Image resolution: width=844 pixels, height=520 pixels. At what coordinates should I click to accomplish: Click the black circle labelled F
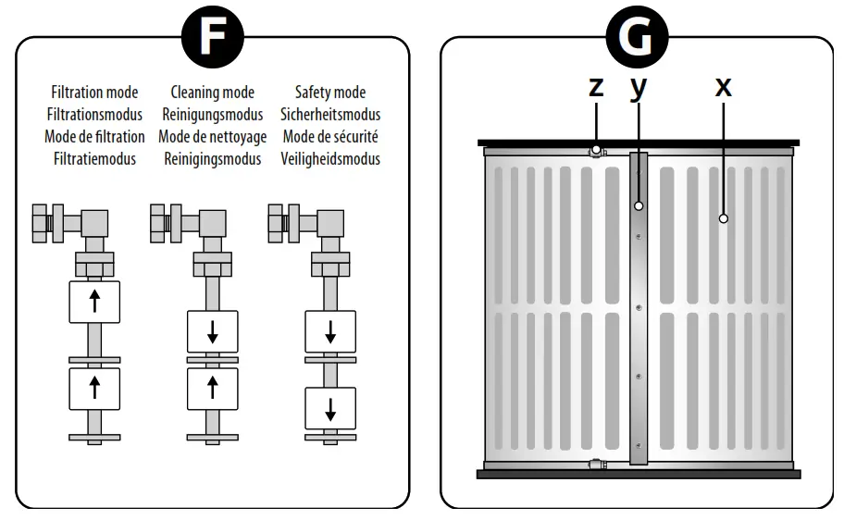tap(213, 37)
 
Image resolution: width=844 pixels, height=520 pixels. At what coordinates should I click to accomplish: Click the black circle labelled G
tap(637, 37)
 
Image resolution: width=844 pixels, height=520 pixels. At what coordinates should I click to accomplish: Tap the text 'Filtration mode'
tap(94, 92)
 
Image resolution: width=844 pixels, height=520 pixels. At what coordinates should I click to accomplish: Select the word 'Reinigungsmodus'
tap(213, 114)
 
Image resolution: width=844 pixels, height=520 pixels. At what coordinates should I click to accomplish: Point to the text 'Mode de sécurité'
tap(330, 137)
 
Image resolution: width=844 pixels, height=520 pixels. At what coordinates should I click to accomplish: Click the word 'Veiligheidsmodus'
tap(330, 159)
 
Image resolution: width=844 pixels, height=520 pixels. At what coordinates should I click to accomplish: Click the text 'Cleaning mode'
tap(213, 92)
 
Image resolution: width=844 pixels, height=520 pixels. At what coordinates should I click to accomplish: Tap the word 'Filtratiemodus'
tap(94, 159)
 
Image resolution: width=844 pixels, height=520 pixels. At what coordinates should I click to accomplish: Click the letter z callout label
tap(596, 87)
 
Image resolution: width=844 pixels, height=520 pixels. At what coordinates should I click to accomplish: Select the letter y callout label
tap(639, 88)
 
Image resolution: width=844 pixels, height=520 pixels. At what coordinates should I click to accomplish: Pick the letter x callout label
tap(724, 87)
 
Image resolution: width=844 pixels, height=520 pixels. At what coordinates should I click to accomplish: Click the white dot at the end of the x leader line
tap(724, 218)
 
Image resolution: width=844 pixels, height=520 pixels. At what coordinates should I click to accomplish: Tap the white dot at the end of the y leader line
tap(639, 206)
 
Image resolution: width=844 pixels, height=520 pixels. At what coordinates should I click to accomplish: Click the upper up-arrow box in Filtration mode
tap(94, 302)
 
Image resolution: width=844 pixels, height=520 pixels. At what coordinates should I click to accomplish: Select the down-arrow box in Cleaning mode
tap(213, 331)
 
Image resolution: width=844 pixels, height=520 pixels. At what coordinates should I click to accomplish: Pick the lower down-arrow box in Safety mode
tap(330, 409)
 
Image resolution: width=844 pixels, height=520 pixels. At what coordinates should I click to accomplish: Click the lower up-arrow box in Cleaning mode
tap(213, 389)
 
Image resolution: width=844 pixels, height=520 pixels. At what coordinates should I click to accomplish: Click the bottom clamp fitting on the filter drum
tap(596, 464)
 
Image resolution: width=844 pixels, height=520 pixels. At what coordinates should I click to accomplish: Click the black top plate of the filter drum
tap(639, 142)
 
